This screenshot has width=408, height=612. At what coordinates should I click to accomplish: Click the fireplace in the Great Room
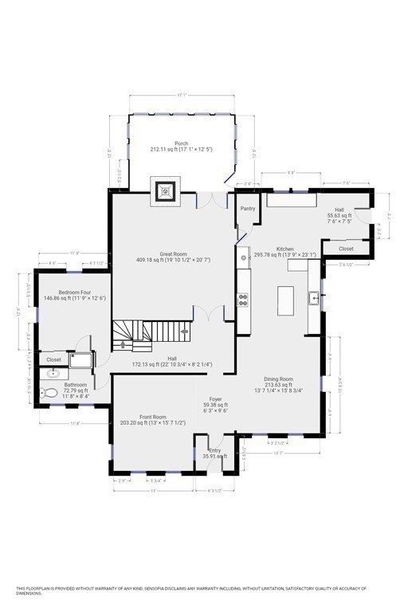click(x=167, y=192)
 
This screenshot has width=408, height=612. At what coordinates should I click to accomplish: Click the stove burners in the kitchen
click(x=243, y=300)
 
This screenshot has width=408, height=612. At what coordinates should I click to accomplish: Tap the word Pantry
click(x=247, y=210)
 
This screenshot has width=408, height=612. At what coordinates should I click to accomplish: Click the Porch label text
click(x=182, y=143)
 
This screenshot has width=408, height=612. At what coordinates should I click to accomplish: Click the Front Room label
click(x=153, y=417)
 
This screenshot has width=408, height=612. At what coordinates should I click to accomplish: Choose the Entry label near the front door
click(x=214, y=450)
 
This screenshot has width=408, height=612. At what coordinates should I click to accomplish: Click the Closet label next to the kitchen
click(x=347, y=249)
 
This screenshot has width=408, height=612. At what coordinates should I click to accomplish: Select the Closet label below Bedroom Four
click(x=54, y=359)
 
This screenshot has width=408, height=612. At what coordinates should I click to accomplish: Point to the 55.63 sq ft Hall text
click(x=339, y=215)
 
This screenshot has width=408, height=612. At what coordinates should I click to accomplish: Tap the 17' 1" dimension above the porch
click(x=182, y=96)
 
